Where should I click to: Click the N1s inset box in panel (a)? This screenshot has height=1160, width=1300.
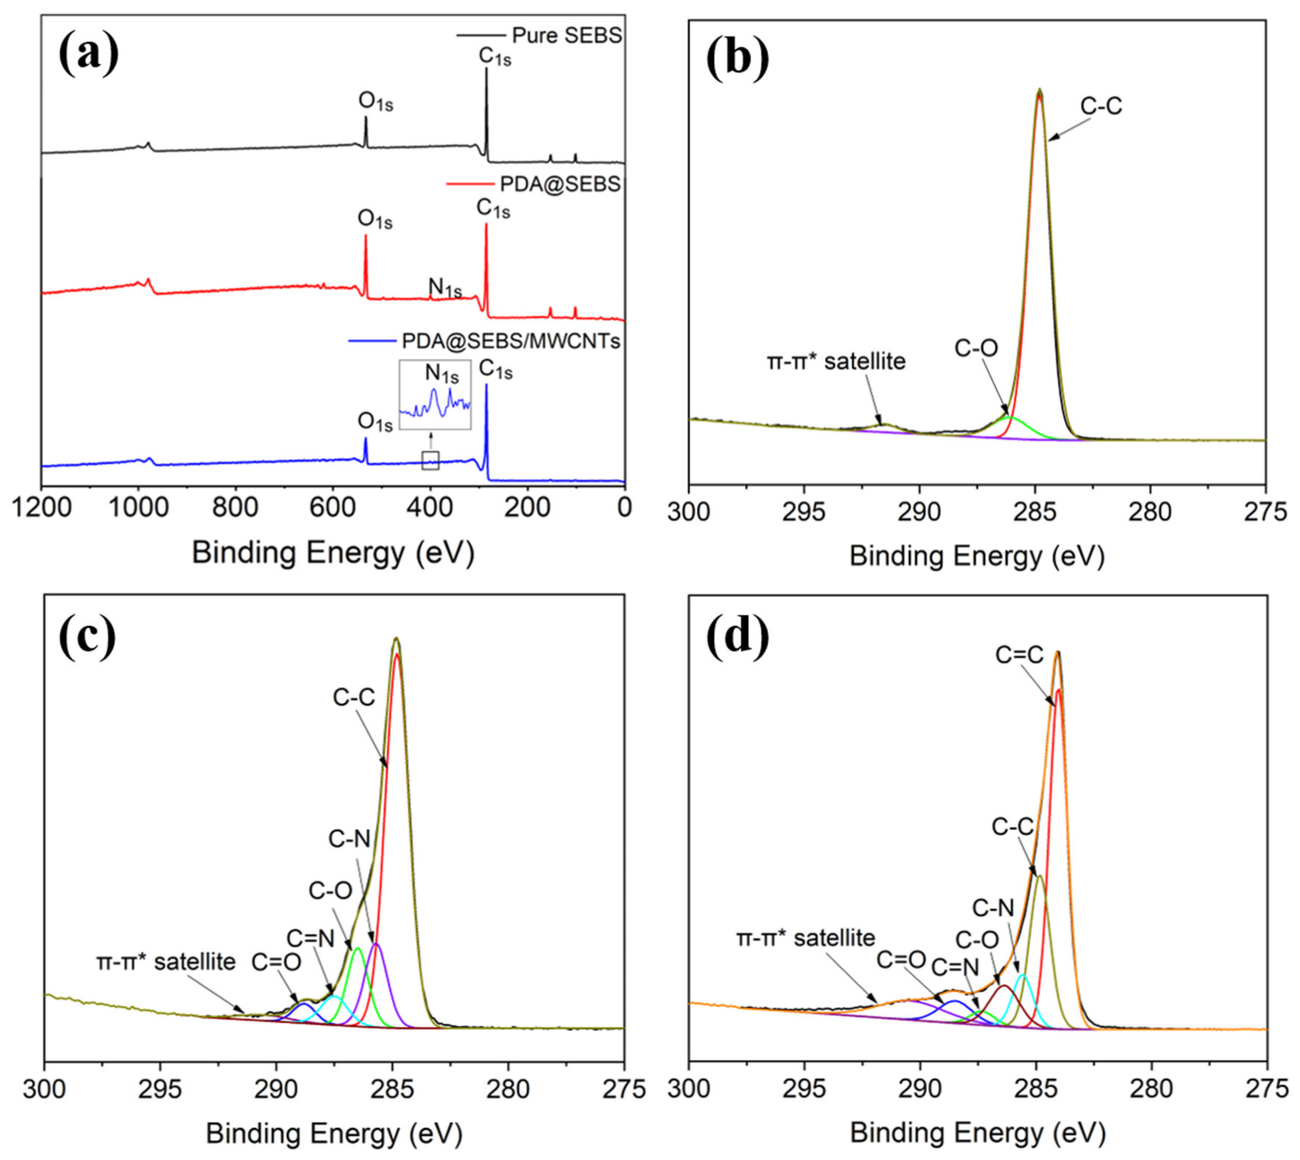[434, 394]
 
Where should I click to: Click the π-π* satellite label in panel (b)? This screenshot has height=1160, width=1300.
[836, 361]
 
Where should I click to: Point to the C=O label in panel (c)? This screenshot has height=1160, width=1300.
[276, 963]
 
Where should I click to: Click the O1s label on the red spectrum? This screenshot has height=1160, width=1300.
[375, 220]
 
